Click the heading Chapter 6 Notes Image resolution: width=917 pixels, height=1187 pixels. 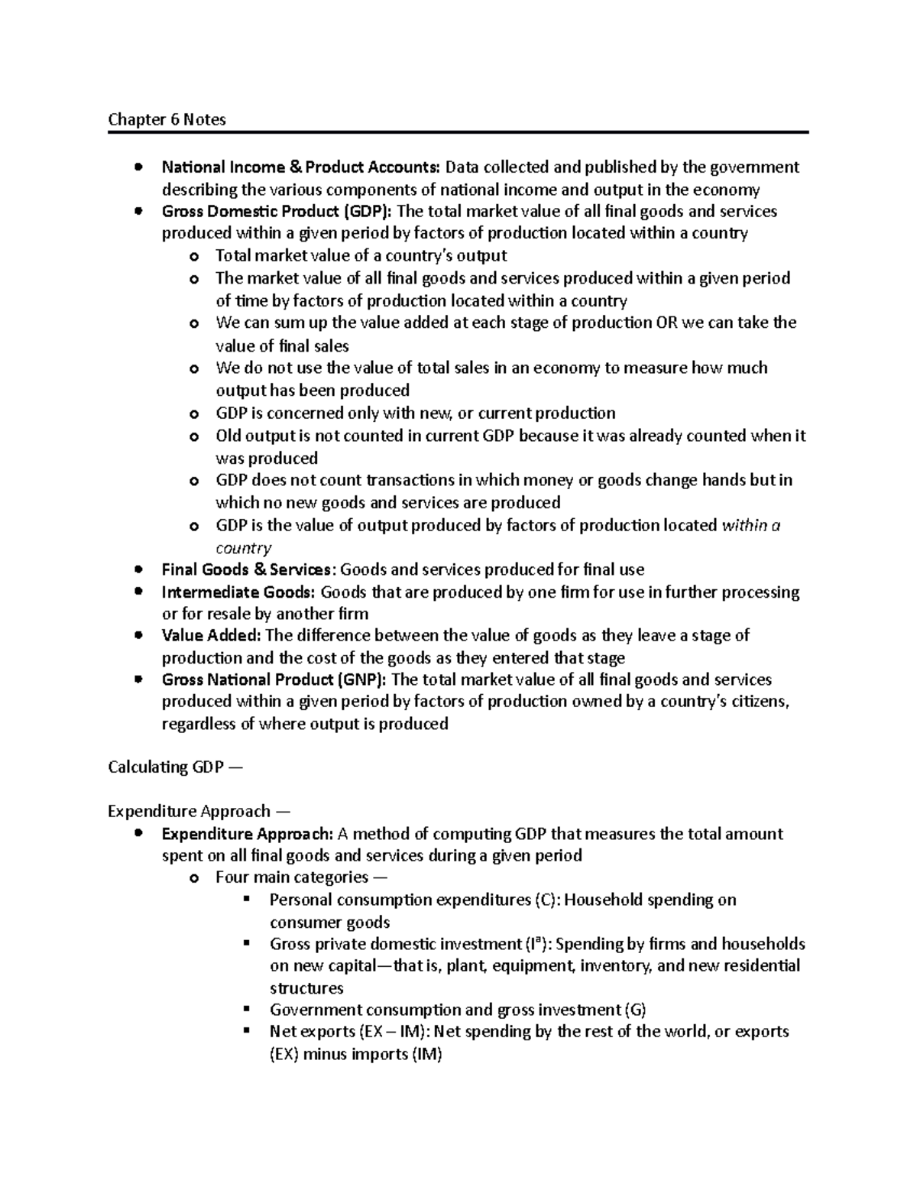[x=167, y=119]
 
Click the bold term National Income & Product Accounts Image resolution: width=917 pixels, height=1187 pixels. [x=300, y=167]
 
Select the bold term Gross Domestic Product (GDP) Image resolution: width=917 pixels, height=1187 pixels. [x=277, y=211]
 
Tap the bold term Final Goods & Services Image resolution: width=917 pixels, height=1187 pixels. [x=248, y=569]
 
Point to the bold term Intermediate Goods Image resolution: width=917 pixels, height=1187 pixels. [x=238, y=592]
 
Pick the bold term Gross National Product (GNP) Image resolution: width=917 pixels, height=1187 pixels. [x=274, y=679]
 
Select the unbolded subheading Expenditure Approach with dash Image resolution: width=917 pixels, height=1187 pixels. [x=199, y=811]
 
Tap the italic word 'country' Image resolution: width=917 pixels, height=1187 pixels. [x=243, y=548]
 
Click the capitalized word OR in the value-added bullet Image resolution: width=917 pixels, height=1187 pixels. [x=666, y=323]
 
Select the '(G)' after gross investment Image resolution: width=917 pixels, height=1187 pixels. [x=634, y=1010]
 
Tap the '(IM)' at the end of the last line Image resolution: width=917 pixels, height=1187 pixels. [x=426, y=1054]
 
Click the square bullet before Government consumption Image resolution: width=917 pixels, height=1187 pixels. [x=247, y=1009]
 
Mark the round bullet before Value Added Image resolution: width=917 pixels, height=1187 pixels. [x=138, y=635]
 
